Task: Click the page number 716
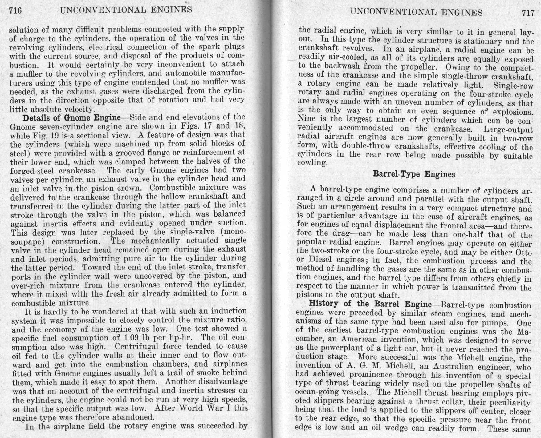(16, 11)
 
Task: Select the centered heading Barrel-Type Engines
(414, 174)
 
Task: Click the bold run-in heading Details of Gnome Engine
(71, 118)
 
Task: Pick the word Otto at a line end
(523, 253)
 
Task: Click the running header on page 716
(126, 10)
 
